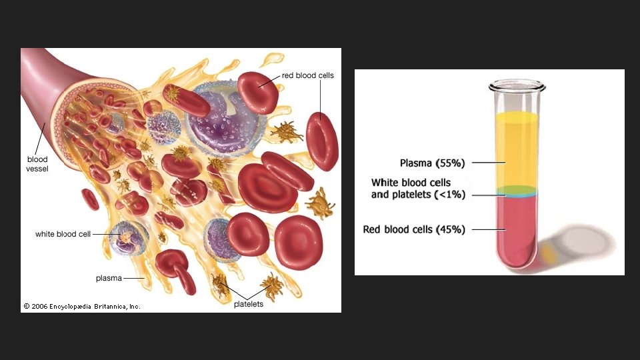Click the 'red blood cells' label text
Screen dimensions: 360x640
click(308, 76)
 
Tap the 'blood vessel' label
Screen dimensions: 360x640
click(37, 164)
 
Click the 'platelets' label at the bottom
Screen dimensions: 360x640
click(249, 304)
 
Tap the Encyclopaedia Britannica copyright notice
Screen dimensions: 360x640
click(82, 307)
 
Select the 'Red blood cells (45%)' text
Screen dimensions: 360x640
click(414, 229)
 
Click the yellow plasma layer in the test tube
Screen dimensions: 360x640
click(517, 150)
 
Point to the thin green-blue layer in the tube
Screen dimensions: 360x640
click(517, 192)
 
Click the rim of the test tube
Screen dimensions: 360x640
click(517, 85)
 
